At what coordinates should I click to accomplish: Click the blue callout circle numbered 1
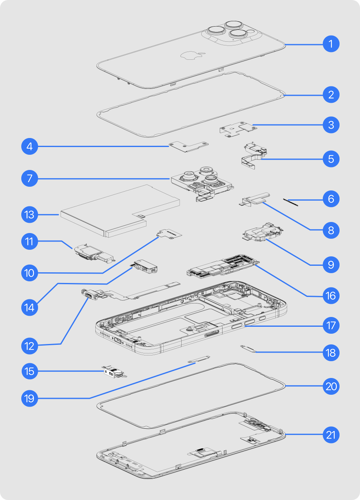(331, 44)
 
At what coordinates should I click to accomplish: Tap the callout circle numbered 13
(30, 215)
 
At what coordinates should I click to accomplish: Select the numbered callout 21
(331, 435)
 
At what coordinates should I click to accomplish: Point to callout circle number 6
(331, 199)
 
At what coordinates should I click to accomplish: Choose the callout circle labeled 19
(30, 398)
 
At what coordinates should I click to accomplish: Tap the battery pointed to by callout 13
(120, 211)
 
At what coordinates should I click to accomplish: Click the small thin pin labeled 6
(290, 202)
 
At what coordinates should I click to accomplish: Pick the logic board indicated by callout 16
(223, 267)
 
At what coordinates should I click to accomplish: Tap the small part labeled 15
(114, 372)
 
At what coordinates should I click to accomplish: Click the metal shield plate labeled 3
(238, 129)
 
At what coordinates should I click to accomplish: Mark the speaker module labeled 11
(95, 254)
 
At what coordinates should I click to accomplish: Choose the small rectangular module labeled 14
(144, 267)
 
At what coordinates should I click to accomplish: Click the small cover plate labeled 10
(169, 234)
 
